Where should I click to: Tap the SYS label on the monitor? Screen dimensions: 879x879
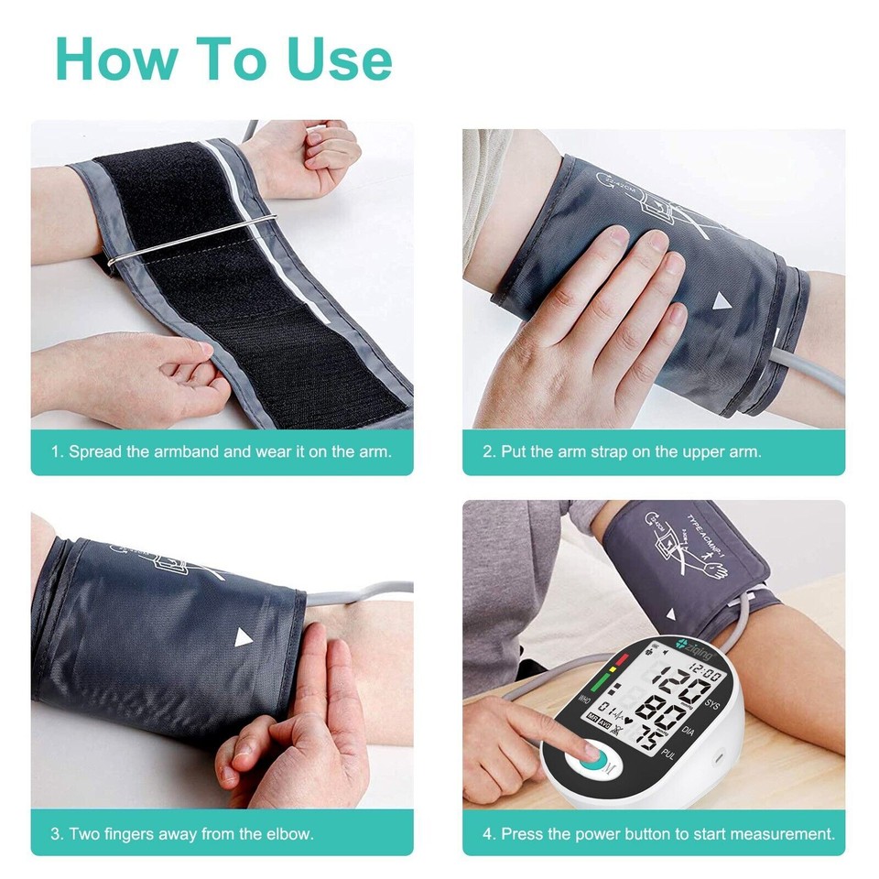pyautogui.click(x=712, y=703)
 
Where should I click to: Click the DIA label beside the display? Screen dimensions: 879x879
pyautogui.click(x=689, y=731)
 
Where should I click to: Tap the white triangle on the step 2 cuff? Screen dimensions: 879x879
pyautogui.click(x=723, y=301)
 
